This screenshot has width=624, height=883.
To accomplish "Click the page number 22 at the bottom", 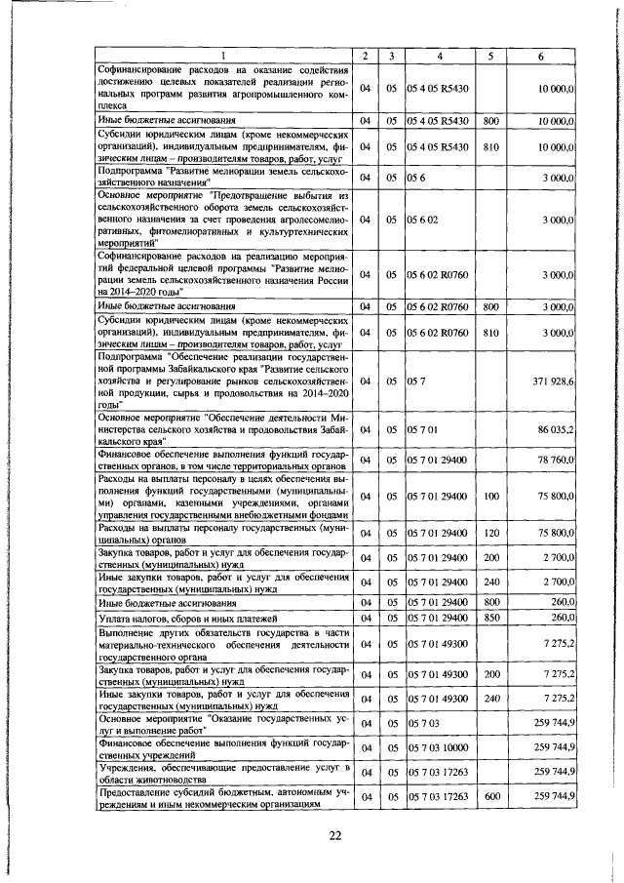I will pyautogui.click(x=334, y=835).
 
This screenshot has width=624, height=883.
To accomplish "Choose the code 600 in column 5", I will pyautogui.click(x=491, y=797).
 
